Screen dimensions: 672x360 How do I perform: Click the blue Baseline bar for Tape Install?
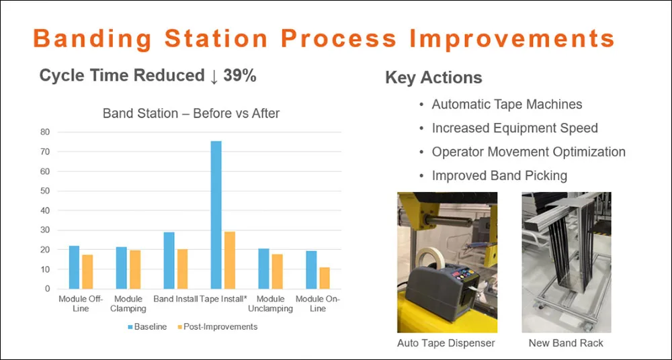pyautogui.click(x=216, y=215)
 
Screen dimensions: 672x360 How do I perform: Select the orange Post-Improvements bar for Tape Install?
pyautogui.click(x=230, y=260)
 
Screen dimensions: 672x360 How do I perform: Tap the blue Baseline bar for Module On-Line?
pyautogui.click(x=311, y=270)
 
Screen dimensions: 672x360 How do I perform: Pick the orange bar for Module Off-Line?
pyautogui.click(x=87, y=272)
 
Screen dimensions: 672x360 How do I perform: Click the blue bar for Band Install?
pyautogui.click(x=169, y=261)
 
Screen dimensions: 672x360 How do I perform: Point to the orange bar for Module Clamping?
pyautogui.click(x=135, y=269)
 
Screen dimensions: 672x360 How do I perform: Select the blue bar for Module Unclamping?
pyautogui.click(x=263, y=269)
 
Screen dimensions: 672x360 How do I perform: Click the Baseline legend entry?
pyautogui.click(x=147, y=327)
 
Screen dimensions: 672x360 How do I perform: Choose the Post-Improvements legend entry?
pyautogui.click(x=217, y=327)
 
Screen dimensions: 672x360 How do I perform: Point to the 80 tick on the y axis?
pyautogui.click(x=44, y=132)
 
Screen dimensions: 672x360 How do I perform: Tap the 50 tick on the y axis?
pyautogui.click(x=44, y=191)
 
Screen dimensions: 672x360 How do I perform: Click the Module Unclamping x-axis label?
pyautogui.click(x=270, y=304)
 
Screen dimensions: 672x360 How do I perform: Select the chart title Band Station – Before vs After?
pyautogui.click(x=191, y=114)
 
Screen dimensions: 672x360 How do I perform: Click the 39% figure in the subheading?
pyautogui.click(x=240, y=76)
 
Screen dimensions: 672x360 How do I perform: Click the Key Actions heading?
pyautogui.click(x=433, y=77)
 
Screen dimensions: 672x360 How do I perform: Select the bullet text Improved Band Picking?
pyautogui.click(x=499, y=176)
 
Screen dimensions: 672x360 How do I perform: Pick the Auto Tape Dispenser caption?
pyautogui.click(x=446, y=343)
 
